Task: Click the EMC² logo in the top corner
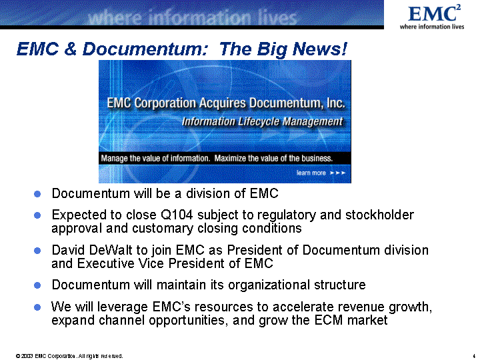(432, 17)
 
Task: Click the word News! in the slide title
(319, 49)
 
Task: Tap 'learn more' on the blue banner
(311, 173)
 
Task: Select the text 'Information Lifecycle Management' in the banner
(263, 121)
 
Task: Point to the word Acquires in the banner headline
(223, 103)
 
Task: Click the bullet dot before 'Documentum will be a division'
(37, 194)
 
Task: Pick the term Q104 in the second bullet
(177, 215)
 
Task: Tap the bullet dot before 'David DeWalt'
(37, 251)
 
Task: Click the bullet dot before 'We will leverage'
(37, 307)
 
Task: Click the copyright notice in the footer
(69, 356)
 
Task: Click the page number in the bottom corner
(474, 356)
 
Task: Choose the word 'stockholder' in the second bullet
(379, 215)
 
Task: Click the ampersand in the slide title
(71, 49)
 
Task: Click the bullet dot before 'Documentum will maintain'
(37, 285)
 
